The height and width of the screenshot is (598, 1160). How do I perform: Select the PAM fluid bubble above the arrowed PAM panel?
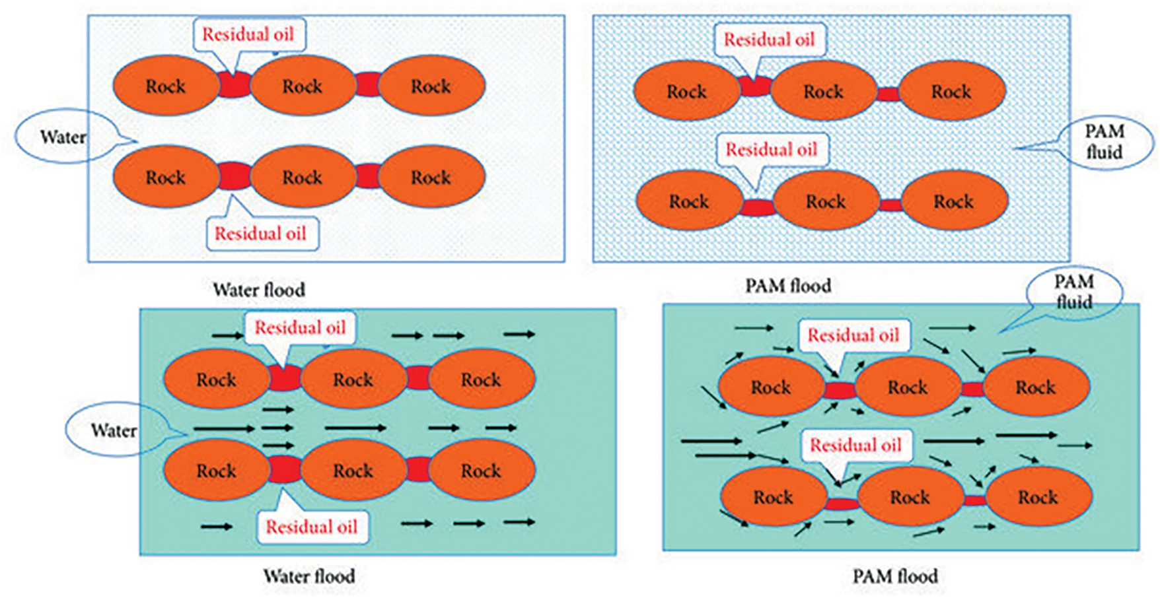(1073, 292)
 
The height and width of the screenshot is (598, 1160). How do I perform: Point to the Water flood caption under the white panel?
(259, 290)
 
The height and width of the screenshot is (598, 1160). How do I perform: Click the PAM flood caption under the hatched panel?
(788, 286)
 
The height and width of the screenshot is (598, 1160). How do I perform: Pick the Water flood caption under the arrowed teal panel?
(309, 576)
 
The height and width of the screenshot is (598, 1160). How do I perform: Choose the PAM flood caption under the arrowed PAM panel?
(895, 576)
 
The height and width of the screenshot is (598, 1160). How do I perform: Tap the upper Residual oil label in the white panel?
(248, 34)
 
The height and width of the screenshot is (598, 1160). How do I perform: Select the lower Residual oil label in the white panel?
(261, 234)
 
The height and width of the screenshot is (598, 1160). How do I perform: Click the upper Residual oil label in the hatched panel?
(770, 40)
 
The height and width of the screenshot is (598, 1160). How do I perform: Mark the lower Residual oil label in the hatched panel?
(772, 150)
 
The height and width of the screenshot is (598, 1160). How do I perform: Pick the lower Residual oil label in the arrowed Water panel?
(312, 527)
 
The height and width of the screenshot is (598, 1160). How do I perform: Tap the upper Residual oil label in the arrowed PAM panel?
(853, 335)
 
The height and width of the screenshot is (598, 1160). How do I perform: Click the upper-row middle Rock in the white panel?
(303, 86)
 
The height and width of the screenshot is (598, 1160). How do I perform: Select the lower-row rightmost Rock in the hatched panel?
(954, 201)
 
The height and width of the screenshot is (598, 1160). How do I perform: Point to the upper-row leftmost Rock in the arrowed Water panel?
(217, 380)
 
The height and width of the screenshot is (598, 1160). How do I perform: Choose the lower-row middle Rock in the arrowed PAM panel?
(910, 497)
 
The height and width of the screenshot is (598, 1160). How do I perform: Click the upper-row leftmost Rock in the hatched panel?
(687, 91)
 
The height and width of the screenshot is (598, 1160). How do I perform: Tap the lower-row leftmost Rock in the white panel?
(166, 177)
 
